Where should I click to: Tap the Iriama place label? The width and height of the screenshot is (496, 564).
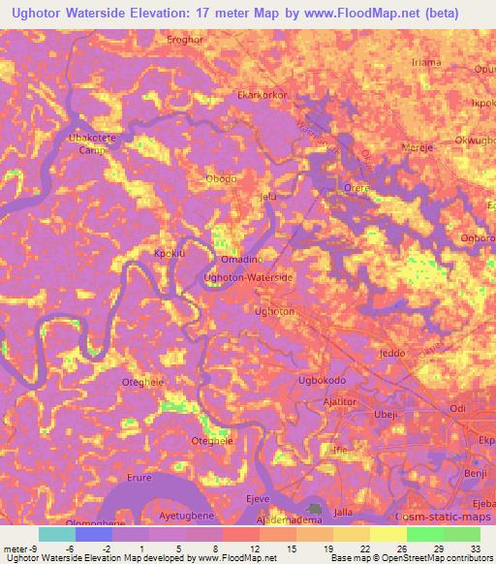[425, 62]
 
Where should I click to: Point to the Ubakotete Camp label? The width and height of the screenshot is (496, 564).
[91, 144]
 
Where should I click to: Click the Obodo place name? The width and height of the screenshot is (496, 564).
[222, 178]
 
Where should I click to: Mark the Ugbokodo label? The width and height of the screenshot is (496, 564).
[324, 381]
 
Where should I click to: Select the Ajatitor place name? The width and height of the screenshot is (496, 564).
[341, 401]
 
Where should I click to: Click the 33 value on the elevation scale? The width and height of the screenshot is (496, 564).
[475, 520]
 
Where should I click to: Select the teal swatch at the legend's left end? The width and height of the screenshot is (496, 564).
[56, 534]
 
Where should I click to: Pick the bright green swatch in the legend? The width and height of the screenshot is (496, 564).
[424, 534]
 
